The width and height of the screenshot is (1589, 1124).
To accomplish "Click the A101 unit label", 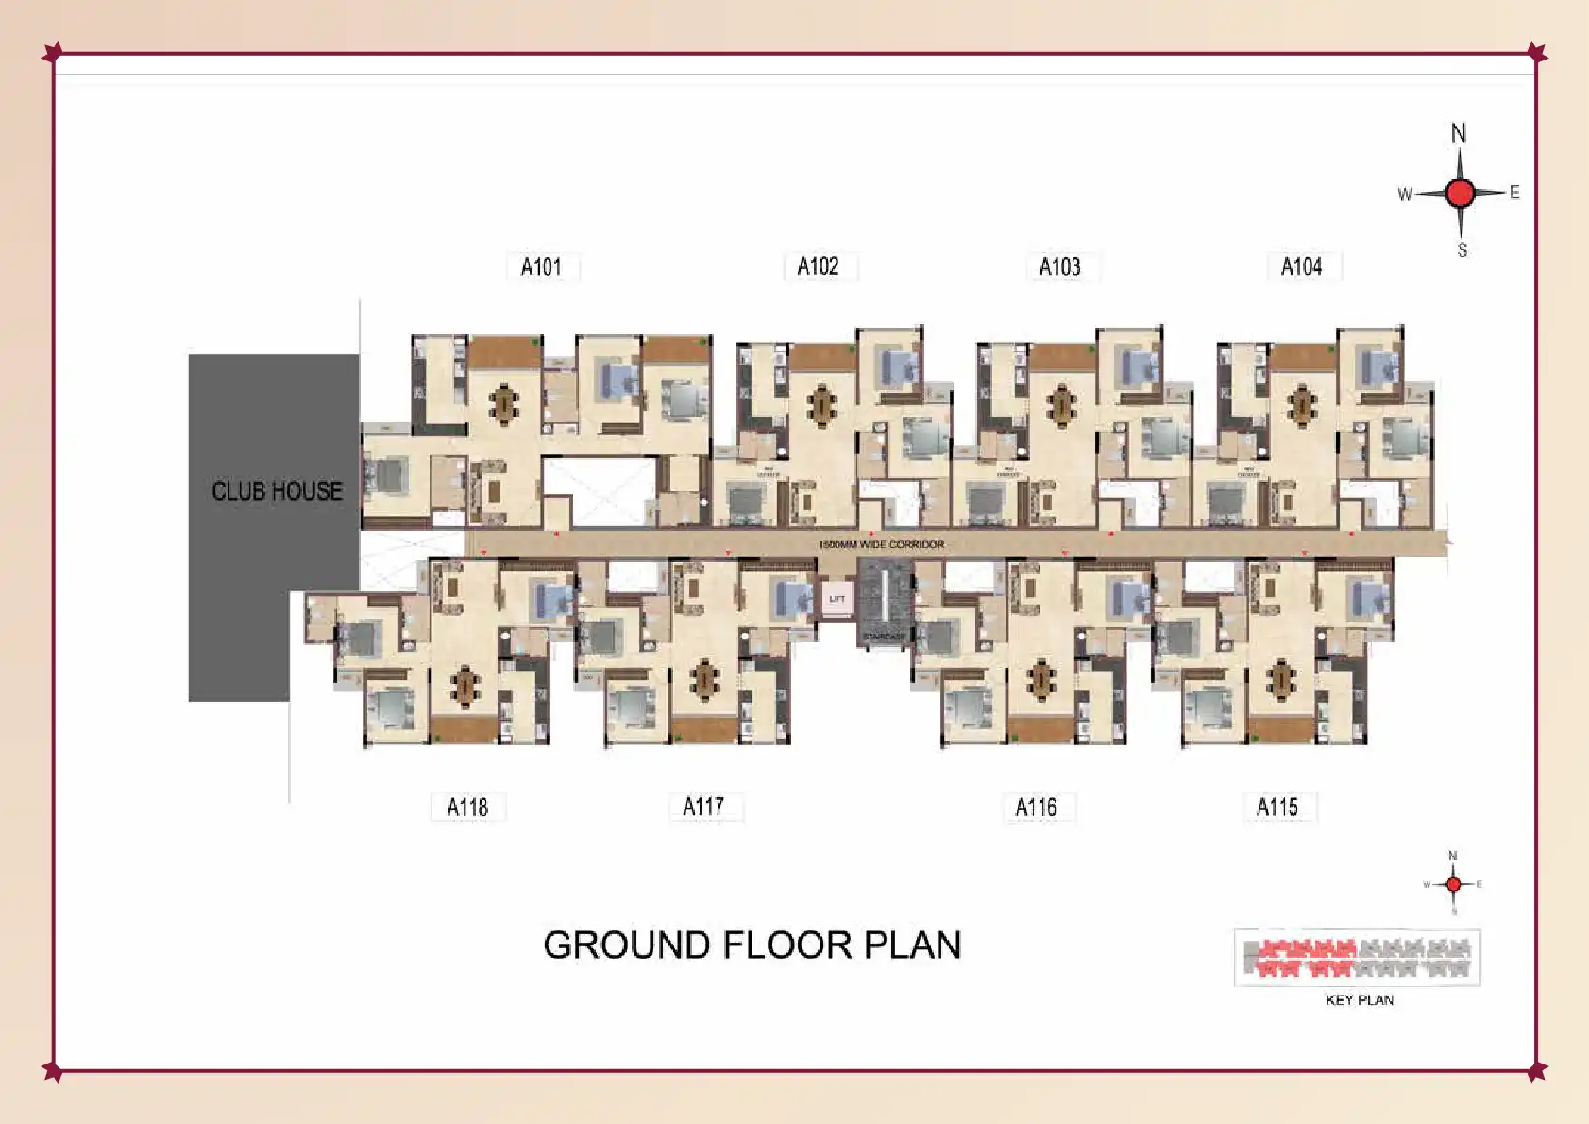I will (542, 267).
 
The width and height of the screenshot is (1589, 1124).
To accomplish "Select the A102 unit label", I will (819, 266).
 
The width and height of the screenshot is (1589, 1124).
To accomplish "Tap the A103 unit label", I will (1059, 267).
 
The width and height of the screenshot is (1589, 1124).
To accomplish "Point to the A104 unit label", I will (1301, 267).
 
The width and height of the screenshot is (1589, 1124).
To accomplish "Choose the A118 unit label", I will (467, 808).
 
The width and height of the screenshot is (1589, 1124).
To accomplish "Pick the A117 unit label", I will (703, 807).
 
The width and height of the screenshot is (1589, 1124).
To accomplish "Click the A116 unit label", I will (1036, 808).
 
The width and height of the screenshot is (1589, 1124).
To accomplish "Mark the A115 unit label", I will (1277, 808).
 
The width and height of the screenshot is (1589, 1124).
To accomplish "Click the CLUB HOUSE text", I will (277, 491).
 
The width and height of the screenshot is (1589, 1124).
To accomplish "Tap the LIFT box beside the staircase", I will (837, 599).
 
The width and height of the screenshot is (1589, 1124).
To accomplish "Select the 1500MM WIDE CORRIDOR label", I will (881, 545).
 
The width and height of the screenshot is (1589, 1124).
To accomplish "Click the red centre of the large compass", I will (1460, 194).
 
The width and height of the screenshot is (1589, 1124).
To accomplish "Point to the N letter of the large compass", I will (1459, 133).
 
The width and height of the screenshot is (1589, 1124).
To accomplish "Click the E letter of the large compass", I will (1514, 193).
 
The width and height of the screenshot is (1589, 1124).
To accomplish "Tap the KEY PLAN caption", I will (1360, 1000).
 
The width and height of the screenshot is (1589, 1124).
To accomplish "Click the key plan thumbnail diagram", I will (1358, 958).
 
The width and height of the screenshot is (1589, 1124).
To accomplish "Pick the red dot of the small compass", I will (1453, 884).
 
